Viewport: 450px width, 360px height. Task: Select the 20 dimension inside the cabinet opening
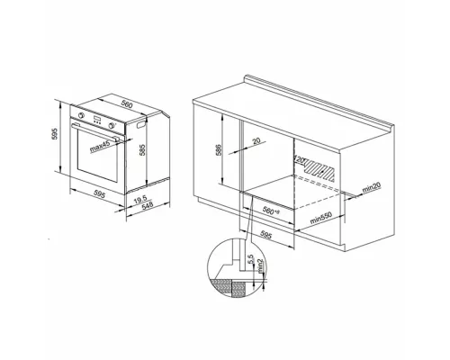256,141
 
